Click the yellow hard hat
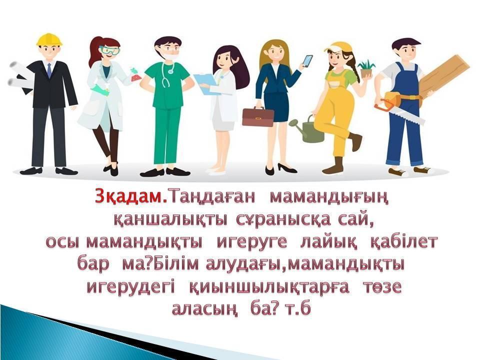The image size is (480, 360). click(x=49, y=40)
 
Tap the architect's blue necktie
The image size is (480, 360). click(x=49, y=70)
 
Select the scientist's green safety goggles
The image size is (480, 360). click(x=110, y=50)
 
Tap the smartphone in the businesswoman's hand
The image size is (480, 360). click(x=307, y=61)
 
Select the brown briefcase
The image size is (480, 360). click(x=258, y=117)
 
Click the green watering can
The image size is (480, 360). click(x=307, y=130)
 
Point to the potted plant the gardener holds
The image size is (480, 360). click(x=366, y=69)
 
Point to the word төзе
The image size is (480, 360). click(x=382, y=288)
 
